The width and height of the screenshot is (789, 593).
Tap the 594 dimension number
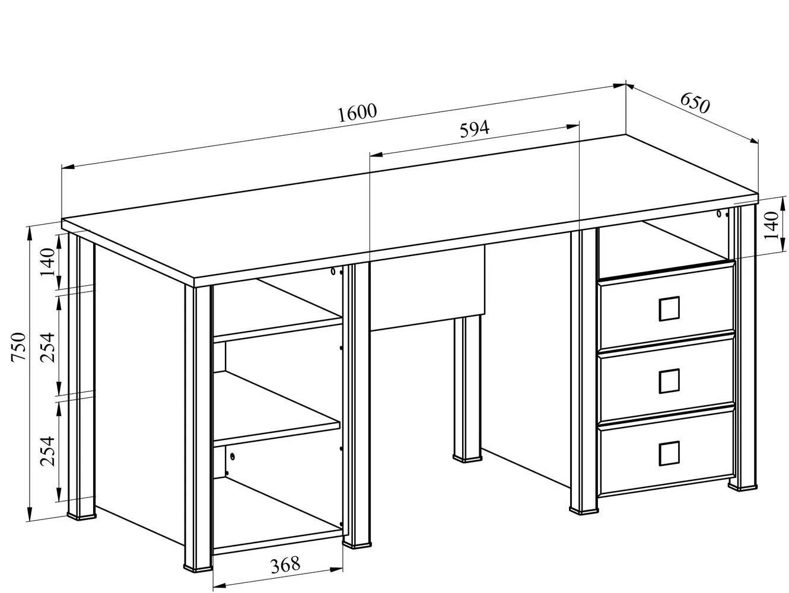(475, 129)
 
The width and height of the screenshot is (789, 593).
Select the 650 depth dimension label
(695, 103)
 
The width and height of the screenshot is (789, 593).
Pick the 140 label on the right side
(771, 226)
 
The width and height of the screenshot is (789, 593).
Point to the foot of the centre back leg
(467, 457)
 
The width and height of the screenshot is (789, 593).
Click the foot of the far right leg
(742, 485)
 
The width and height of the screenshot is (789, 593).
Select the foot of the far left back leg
(81, 514)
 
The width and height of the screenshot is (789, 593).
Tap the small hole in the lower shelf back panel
(233, 457)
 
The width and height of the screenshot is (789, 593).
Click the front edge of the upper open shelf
(277, 329)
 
